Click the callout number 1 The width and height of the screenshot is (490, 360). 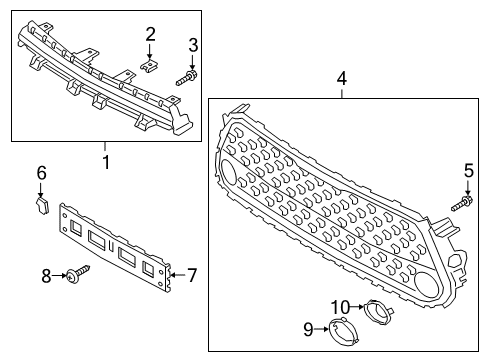point(106,162)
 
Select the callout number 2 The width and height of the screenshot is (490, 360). point(150,35)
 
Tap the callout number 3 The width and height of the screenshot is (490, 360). point(193,45)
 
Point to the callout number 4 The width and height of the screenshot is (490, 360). point(342,79)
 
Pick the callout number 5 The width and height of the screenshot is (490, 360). point(468,171)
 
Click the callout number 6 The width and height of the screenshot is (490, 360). point(41,173)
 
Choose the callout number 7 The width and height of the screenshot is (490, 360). point(192,275)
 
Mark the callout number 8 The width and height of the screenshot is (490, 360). point(46,276)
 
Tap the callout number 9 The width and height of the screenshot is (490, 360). point(308,329)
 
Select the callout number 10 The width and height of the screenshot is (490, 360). point(340,307)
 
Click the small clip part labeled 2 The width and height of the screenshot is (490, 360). point(149,65)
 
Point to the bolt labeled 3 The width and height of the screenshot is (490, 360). point(187,78)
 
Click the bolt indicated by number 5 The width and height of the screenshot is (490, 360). point(462,204)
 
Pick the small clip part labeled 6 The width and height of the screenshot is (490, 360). point(42,205)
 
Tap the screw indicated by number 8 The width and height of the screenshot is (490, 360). point(78,273)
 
